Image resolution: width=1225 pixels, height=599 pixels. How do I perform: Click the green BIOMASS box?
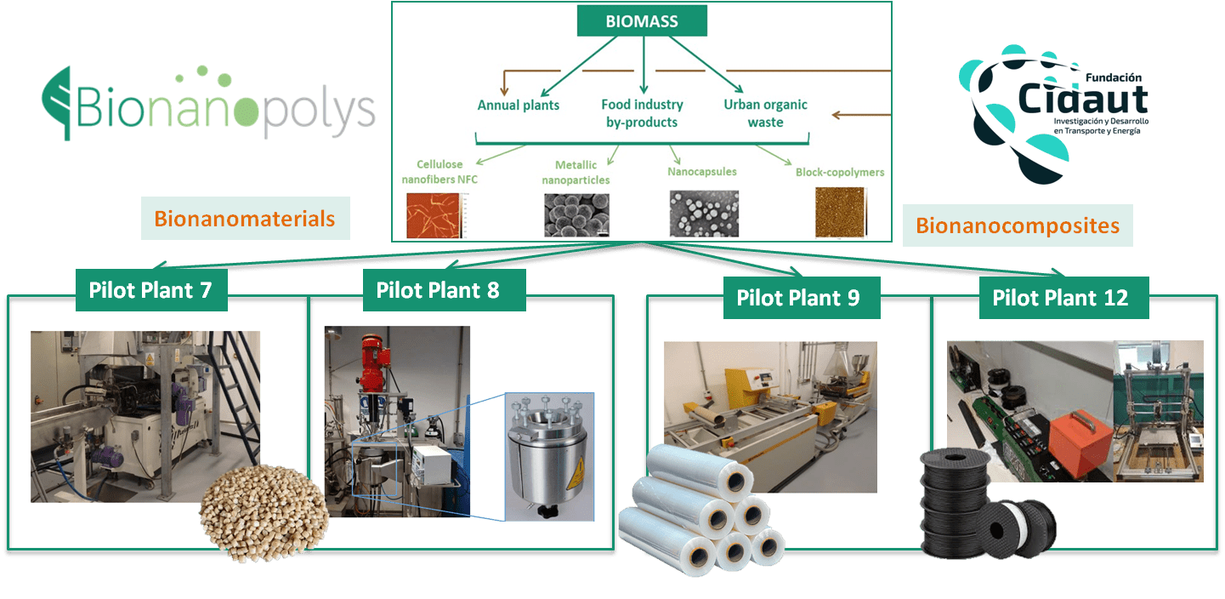pos(642,20)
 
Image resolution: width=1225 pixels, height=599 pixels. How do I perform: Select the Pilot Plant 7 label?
pos(151,290)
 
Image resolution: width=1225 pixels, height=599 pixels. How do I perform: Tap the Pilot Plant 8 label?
pos(444,290)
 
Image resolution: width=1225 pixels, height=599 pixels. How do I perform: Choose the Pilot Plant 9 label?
pos(802,298)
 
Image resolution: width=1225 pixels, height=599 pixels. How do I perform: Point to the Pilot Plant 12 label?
pos(1063,298)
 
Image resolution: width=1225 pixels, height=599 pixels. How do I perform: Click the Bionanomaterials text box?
pos(246,219)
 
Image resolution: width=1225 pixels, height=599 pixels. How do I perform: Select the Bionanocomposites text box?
pos(1018,225)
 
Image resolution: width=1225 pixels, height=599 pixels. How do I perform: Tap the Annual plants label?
pos(519,106)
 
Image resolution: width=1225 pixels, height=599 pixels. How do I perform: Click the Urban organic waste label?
pos(766,113)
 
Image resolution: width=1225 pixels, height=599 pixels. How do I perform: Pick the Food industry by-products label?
pos(642,113)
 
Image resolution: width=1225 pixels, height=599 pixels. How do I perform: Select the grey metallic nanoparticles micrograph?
pos(577,215)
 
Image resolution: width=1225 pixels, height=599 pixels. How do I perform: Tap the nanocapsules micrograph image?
pos(705,214)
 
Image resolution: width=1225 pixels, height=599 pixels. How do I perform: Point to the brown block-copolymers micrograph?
pos(840,213)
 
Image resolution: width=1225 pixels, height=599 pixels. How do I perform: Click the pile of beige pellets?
pos(264,513)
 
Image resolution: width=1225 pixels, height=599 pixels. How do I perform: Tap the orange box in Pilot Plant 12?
pos(1081,444)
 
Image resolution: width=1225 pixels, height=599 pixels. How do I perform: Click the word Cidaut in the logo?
pos(1083,100)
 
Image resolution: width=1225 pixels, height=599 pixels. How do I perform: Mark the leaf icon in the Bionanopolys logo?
pos(58,104)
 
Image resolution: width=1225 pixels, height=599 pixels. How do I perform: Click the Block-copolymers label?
pos(840,172)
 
